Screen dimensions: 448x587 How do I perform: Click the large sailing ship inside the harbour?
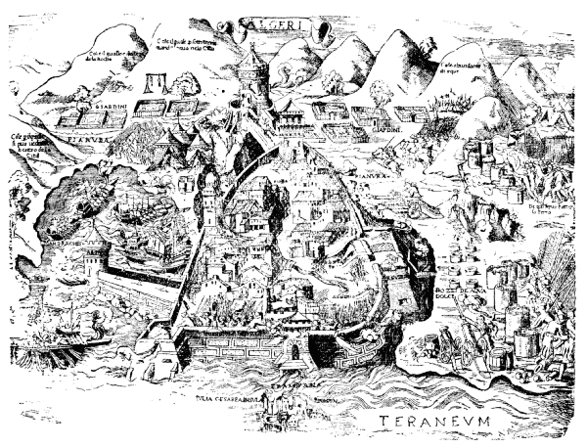coord(138,221)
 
